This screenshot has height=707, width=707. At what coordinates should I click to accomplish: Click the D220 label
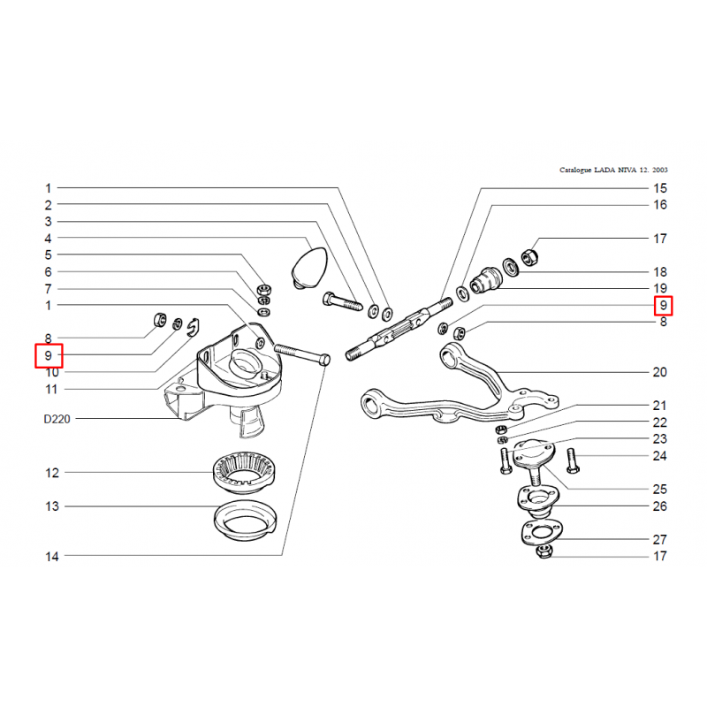pyautogui.click(x=57, y=419)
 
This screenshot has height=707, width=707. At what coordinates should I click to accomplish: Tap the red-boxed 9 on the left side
pyautogui.click(x=49, y=356)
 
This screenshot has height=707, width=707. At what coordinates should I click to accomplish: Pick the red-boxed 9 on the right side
pyautogui.click(x=664, y=305)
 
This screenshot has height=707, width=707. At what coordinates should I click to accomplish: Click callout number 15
pyautogui.click(x=660, y=188)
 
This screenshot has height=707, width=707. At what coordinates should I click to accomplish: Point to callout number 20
pyautogui.click(x=659, y=372)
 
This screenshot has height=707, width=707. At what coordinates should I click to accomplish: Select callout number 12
pyautogui.click(x=52, y=473)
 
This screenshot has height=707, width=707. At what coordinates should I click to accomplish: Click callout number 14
pyautogui.click(x=52, y=557)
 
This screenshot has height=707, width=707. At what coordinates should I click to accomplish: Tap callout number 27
pyautogui.click(x=659, y=539)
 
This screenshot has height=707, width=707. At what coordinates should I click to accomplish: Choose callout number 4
pyautogui.click(x=49, y=238)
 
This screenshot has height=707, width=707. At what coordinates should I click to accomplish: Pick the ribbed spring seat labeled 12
pyautogui.click(x=244, y=473)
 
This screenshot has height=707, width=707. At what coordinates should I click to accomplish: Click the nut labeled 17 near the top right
pyautogui.click(x=529, y=257)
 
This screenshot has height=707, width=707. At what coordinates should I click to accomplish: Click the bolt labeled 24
pyautogui.click(x=573, y=460)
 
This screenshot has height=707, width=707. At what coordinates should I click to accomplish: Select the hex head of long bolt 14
pyautogui.click(x=324, y=360)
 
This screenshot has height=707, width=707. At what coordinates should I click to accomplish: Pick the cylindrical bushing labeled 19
pyautogui.click(x=485, y=280)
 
